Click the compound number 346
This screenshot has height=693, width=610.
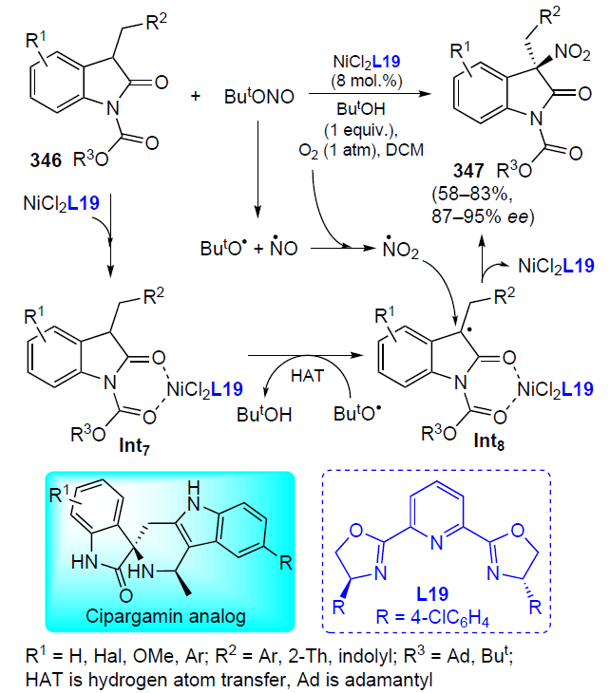pyautogui.click(x=46, y=160)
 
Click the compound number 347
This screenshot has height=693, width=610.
pyautogui.click(x=468, y=171)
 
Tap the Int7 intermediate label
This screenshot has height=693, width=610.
pyautogui.click(x=135, y=445)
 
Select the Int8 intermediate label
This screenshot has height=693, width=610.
pyautogui.click(x=488, y=441)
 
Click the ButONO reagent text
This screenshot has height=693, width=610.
pyautogui.click(x=259, y=96)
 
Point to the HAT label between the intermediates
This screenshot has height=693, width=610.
pyautogui.click(x=308, y=376)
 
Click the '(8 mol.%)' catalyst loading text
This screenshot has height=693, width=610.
pyautogui.click(x=367, y=81)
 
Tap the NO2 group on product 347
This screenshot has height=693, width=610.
pyautogui.click(x=572, y=52)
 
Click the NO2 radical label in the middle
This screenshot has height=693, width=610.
pyautogui.click(x=401, y=249)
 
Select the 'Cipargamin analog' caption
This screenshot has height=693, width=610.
pyautogui.click(x=165, y=616)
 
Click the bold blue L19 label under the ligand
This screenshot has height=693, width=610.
pyautogui.click(x=432, y=593)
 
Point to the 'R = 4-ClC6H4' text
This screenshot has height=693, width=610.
pyautogui.click(x=432, y=617)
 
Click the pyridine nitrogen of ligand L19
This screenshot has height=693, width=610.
pyautogui.click(x=437, y=542)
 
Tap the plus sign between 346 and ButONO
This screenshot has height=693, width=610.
pyautogui.click(x=195, y=96)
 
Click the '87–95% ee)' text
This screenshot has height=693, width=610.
pyautogui.click(x=483, y=216)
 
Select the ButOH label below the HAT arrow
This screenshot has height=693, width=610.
pyautogui.click(x=264, y=414)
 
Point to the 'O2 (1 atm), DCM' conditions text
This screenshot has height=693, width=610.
pyautogui.click(x=361, y=150)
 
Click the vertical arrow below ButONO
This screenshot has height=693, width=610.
pyautogui.click(x=257, y=168)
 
